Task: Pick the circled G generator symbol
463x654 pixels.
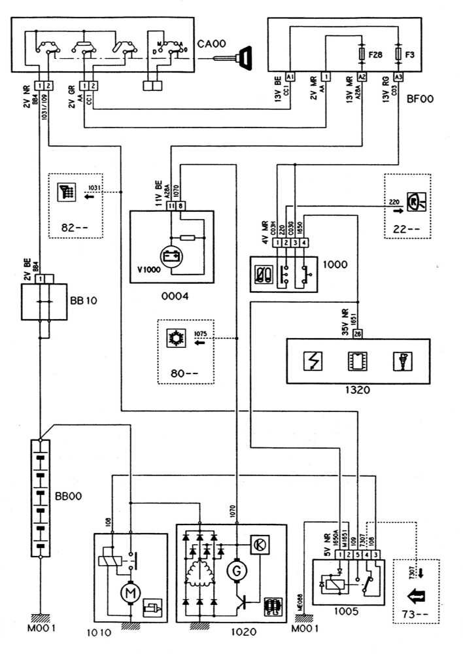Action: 233,572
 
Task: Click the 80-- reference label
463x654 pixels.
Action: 180,373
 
